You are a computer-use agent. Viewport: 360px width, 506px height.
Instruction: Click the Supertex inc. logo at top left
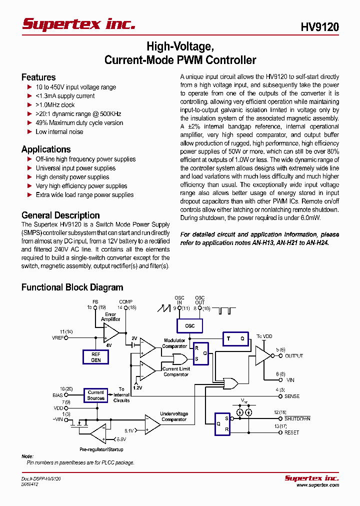pyautogui.click(x=78, y=24)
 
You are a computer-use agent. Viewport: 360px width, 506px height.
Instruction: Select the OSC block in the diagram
pyautogui.click(x=189, y=325)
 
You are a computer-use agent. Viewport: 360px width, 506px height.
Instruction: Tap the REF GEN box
pyautogui.click(x=95, y=356)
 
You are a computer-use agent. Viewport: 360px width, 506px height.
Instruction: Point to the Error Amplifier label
pyautogui.click(x=110, y=316)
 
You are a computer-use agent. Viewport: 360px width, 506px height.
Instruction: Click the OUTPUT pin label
pyautogui.click(x=294, y=356)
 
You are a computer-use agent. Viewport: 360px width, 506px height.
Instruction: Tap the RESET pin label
pyautogui.click(x=292, y=432)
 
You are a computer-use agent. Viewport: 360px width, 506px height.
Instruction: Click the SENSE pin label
pyautogui.click(x=292, y=396)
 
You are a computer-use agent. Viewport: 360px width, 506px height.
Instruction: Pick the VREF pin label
pyautogui.click(x=58, y=338)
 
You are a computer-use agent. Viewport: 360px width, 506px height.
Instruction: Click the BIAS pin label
pyautogui.click(x=58, y=395)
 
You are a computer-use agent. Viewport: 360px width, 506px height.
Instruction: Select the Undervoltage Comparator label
pyautogui.click(x=174, y=416)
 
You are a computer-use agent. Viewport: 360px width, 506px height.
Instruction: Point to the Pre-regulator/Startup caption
pyautogui.click(x=101, y=449)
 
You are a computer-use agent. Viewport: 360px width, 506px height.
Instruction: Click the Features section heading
pyautogui.click(x=38, y=77)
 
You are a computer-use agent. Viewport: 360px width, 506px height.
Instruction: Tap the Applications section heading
pyautogui.click(x=46, y=149)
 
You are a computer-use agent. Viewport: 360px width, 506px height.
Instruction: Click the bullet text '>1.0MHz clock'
pyautogui.click(x=55, y=105)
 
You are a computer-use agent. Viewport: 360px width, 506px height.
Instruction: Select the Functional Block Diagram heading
pyautogui.click(x=72, y=287)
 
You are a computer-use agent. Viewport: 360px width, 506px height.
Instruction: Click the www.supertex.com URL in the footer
pyautogui.click(x=317, y=485)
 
